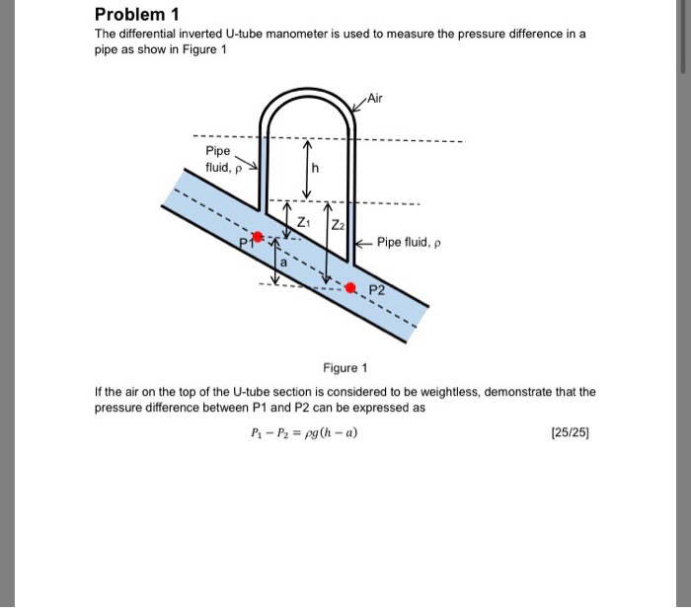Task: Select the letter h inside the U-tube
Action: [x=315, y=169]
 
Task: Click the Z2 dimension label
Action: [x=339, y=224]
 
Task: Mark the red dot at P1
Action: [x=259, y=237]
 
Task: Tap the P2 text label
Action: [x=378, y=288]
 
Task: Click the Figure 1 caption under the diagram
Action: [x=345, y=368]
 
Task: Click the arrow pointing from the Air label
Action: [x=356, y=104]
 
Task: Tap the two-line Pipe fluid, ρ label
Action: [x=219, y=159]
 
